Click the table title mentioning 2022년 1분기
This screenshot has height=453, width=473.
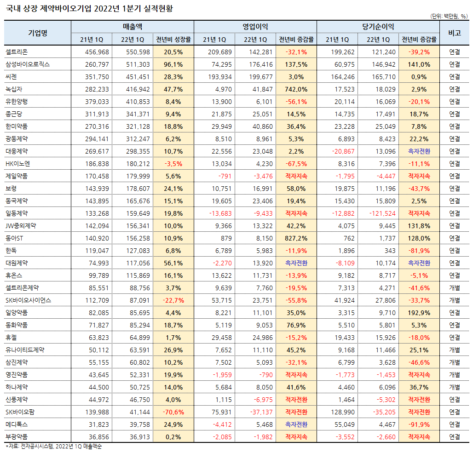pyautogui.click(x=90, y=8)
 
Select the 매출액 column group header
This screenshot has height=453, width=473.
pyautogui.click(x=133, y=27)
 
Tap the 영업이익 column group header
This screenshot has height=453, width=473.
pyautogui.click(x=255, y=27)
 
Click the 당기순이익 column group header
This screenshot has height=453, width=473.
pyautogui.click(x=378, y=27)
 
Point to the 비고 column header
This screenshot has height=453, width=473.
pyautogui.click(x=454, y=33)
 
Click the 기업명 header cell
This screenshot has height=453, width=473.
pyautogui.click(x=38, y=33)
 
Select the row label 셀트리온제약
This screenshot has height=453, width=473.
pyautogui.click(x=23, y=288)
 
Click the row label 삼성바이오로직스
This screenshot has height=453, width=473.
pyautogui.click(x=27, y=64)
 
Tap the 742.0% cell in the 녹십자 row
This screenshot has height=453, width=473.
pyautogui.click(x=296, y=89)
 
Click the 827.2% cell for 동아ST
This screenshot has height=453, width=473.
pyautogui.click(x=296, y=238)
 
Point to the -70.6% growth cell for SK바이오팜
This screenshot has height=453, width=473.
pyautogui.click(x=173, y=412)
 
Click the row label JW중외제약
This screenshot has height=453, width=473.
pyautogui.click(x=21, y=226)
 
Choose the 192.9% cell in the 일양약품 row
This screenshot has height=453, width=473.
pyautogui.click(x=419, y=313)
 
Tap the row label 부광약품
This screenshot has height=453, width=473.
pyautogui.click(x=17, y=437)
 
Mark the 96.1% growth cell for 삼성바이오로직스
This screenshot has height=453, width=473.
pyautogui.click(x=173, y=64)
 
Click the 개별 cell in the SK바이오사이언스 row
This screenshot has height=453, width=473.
pyautogui.click(x=454, y=300)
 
